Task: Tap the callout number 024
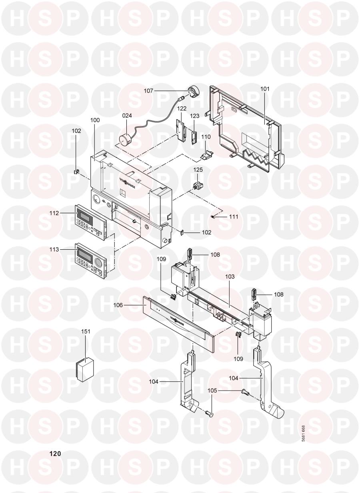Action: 127,116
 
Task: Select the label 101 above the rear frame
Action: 265,88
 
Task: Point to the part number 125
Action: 198,170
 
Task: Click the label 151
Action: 86,331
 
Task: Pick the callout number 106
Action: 129,305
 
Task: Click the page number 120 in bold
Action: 55,454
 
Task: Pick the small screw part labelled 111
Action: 214,216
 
